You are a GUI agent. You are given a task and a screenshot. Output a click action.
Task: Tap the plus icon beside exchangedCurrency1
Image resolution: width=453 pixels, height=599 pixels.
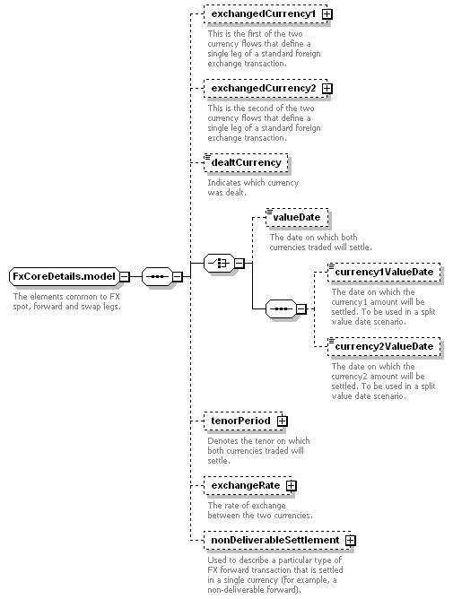click(x=327, y=14)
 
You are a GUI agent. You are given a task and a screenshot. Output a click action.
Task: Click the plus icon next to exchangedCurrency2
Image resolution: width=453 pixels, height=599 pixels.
click(x=327, y=89)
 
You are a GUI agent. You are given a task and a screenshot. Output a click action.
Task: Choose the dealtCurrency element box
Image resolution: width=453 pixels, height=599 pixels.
click(x=246, y=162)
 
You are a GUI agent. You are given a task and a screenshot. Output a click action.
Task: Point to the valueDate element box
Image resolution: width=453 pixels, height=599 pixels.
click(x=297, y=217)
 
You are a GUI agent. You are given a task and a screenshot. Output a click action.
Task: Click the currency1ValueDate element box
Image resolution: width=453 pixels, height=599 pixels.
click(x=384, y=273)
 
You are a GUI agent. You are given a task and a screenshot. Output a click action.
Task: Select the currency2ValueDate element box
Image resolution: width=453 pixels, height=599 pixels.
click(x=384, y=346)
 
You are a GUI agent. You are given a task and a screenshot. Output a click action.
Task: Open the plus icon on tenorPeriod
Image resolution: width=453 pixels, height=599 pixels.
click(x=283, y=421)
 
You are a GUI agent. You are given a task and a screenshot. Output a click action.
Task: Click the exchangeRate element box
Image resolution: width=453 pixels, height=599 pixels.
click(x=248, y=485)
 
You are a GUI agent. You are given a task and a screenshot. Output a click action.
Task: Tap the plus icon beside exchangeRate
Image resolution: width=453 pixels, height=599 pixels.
click(x=292, y=485)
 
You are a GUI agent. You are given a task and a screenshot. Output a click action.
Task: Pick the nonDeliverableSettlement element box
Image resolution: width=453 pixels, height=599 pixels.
click(x=277, y=540)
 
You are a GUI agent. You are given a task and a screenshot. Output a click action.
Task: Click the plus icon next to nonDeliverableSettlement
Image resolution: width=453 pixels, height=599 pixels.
click(x=350, y=540)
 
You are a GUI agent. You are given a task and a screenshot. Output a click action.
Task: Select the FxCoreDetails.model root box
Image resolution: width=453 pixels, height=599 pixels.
click(x=65, y=276)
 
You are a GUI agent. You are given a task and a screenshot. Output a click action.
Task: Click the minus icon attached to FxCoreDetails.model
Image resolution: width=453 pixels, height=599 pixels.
click(x=125, y=276)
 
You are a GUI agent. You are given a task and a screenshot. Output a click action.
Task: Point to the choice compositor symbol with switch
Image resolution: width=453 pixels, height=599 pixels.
click(x=220, y=263)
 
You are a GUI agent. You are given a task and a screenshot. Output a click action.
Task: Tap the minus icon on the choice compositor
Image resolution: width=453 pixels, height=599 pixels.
click(x=240, y=263)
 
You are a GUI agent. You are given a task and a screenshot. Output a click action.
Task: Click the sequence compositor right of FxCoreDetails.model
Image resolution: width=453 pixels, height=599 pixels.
click(x=157, y=276)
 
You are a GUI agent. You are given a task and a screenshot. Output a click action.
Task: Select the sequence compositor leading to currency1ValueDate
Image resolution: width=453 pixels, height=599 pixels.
click(x=281, y=308)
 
